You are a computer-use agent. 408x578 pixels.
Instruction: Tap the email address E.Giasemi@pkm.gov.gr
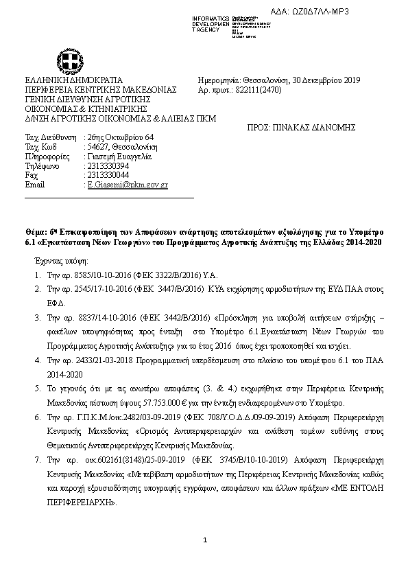tap(125, 185)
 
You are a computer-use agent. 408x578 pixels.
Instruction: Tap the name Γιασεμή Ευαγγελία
tap(112, 157)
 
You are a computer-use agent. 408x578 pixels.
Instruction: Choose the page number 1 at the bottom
tap(204, 541)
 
